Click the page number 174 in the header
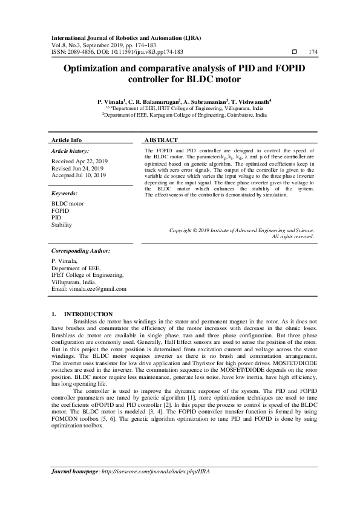(313, 52)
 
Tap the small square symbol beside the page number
(294, 52)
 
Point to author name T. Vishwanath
(252, 102)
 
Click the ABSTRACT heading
(161, 140)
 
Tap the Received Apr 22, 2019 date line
(79, 161)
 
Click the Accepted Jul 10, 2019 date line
(79, 175)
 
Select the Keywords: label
(64, 193)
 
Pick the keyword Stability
(62, 225)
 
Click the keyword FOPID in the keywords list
(61, 211)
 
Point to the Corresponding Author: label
(80, 250)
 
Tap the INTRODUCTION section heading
(88, 314)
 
